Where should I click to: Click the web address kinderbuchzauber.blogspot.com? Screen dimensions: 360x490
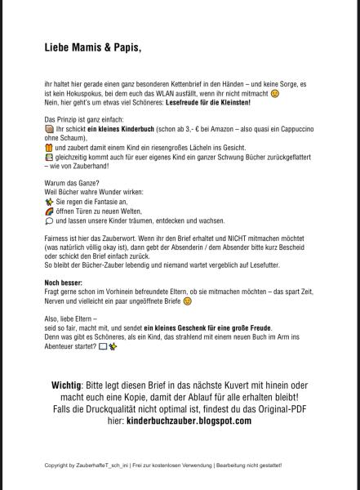[x=189, y=421]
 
